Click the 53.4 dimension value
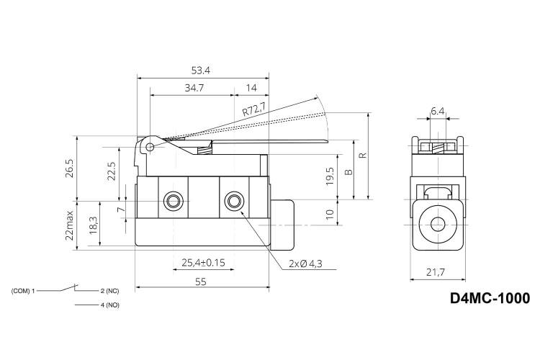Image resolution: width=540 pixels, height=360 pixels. tap(200, 71)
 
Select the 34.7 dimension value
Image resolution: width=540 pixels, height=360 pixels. tap(194, 88)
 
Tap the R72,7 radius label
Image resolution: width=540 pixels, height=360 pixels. tap(254, 109)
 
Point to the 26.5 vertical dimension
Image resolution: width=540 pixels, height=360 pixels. tap(70, 168)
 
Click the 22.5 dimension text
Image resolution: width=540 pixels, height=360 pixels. tap(111, 171)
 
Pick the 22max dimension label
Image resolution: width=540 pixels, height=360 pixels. tap(70, 225)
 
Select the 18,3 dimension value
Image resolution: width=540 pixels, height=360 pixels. tap(94, 225)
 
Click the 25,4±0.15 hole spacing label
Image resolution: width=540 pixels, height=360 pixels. tap(203, 263)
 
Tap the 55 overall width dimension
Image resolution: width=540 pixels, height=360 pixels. tap(201, 282)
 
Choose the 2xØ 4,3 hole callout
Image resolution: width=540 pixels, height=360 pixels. tap(305, 264)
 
